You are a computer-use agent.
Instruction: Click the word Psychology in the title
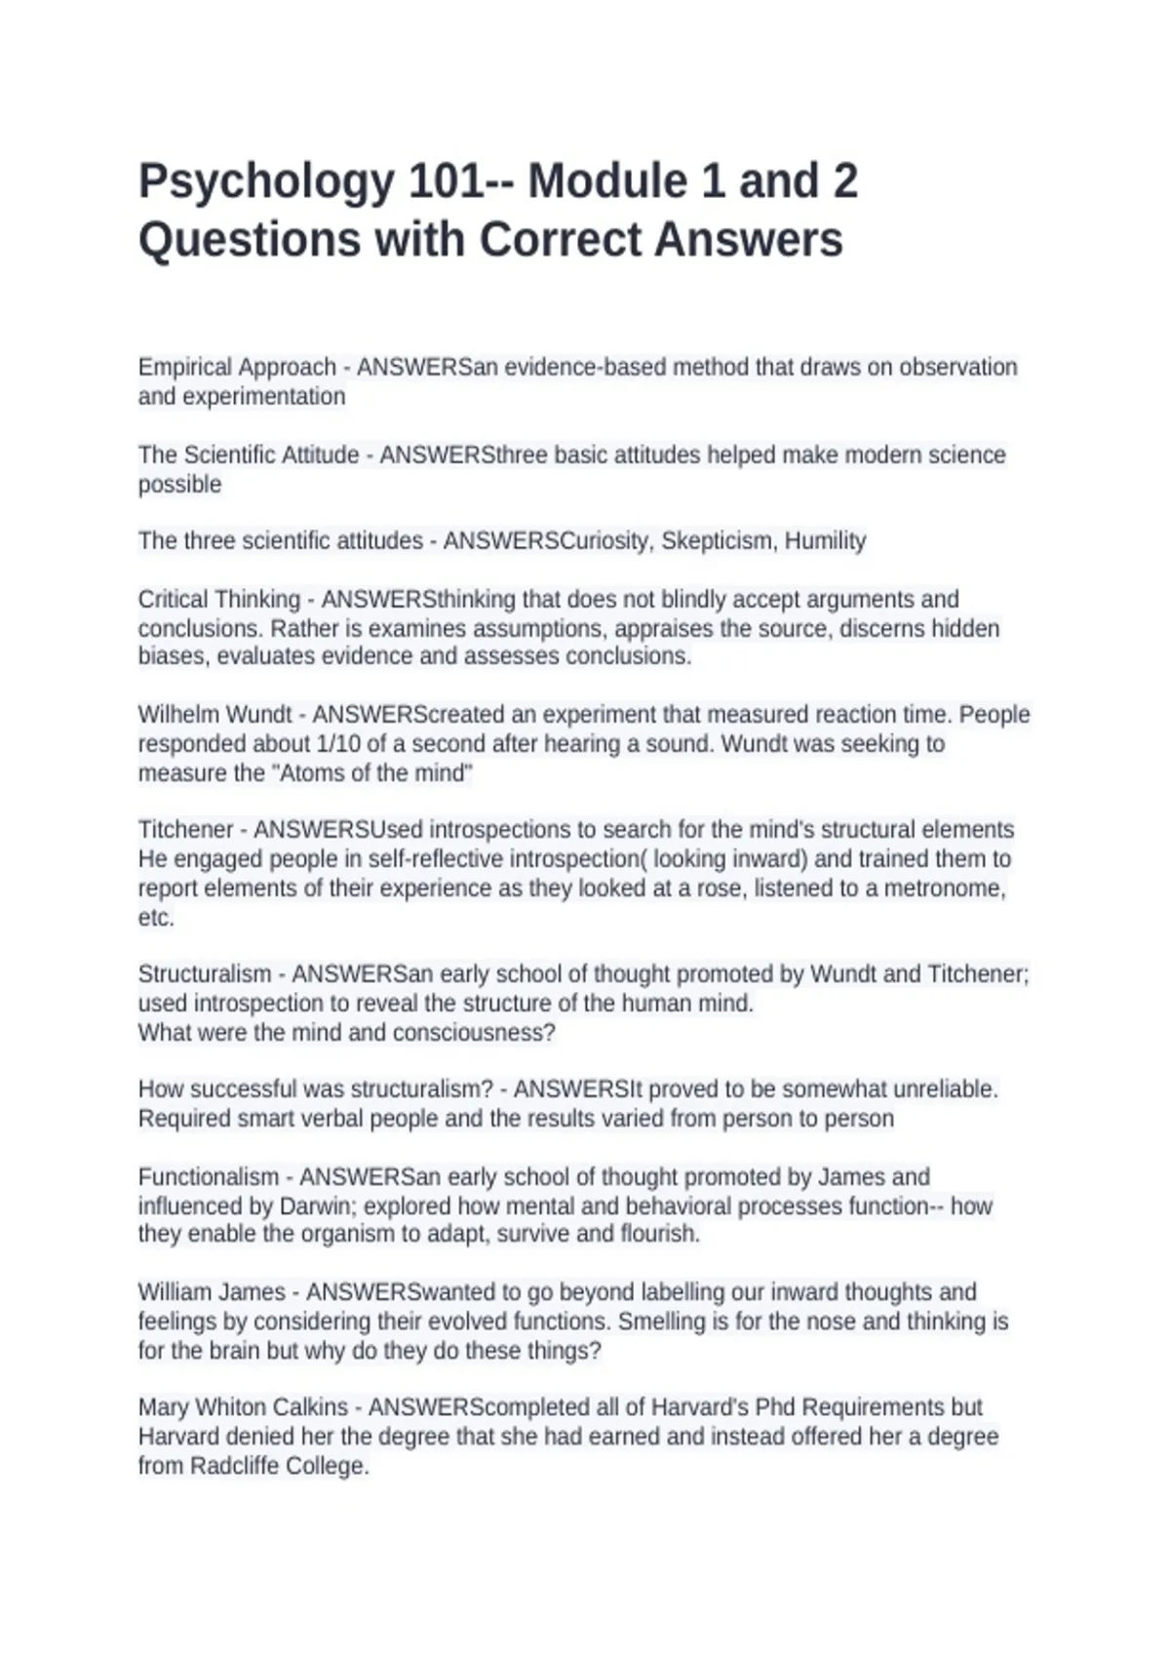[266, 182]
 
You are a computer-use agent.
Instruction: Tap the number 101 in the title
[446, 181]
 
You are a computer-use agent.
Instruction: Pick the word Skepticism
[717, 541]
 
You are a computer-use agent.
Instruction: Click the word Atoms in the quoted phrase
[312, 773]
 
